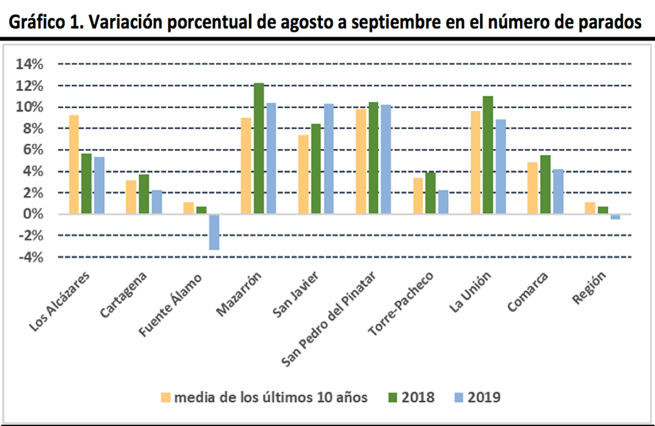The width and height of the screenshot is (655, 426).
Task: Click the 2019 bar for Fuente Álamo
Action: click(x=214, y=232)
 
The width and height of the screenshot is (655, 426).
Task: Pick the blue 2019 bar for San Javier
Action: click(x=328, y=159)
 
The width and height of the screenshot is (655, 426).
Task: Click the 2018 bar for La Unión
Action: click(x=488, y=155)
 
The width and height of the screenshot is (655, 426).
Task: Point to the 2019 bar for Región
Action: click(x=615, y=217)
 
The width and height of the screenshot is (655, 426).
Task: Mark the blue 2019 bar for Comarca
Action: click(x=558, y=192)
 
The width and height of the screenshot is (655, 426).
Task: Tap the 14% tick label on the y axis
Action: click(x=29, y=65)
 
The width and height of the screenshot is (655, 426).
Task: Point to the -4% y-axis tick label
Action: click(x=29, y=257)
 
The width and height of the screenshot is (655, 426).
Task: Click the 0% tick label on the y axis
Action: click(x=32, y=214)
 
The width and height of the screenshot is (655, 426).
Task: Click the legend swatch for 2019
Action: click(x=455, y=397)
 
